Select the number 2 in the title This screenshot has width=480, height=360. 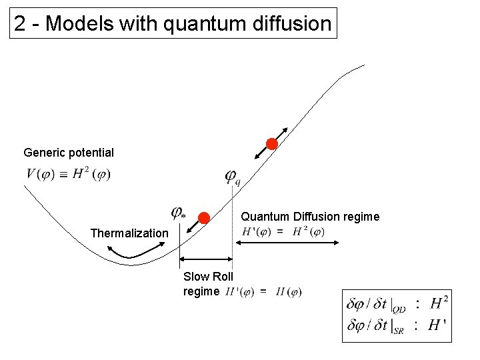21,24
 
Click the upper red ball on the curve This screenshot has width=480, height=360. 271,144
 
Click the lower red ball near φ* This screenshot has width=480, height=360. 205,217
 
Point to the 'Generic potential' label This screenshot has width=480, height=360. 69,153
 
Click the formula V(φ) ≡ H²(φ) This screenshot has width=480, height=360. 69,175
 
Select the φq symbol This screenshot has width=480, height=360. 233,177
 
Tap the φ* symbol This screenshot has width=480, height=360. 178,213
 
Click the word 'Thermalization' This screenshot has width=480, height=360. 129,233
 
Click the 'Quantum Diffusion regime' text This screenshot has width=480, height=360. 310,217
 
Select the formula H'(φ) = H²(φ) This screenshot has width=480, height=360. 284,232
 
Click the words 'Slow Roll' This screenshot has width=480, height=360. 208,277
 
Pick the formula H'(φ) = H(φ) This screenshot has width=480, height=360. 263,291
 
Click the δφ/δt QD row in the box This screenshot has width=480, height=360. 397,304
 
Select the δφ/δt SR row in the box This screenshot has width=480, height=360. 397,327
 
